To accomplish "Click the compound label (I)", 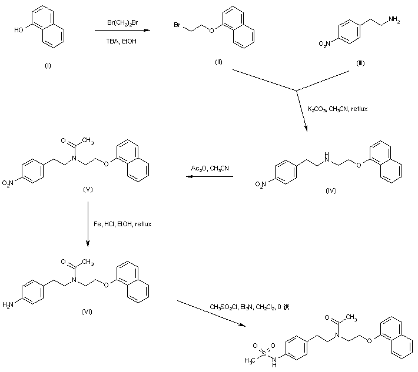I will point(48,65).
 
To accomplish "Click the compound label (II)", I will point(218,62).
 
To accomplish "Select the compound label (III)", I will point(360,62).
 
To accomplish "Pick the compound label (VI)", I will point(86,311).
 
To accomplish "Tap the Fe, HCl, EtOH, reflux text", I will point(122,223).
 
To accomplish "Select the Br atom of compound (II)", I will point(177,25).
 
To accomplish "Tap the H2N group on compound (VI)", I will point(8,305).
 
